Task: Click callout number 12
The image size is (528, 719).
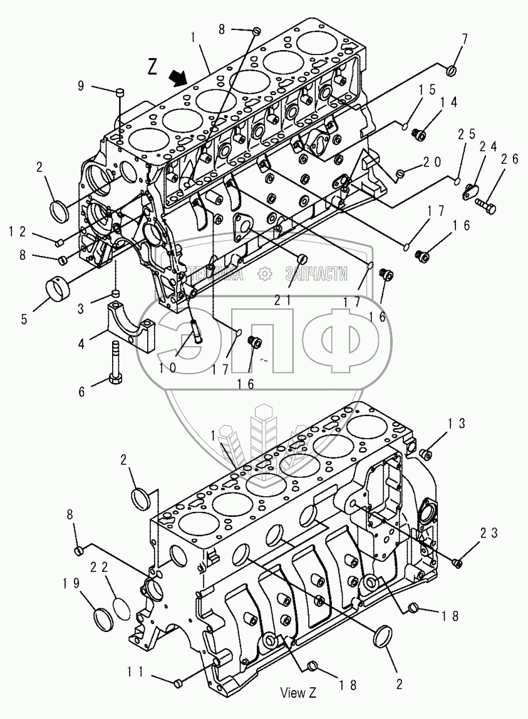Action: (x=18, y=232)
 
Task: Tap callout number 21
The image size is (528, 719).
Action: (x=282, y=300)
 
